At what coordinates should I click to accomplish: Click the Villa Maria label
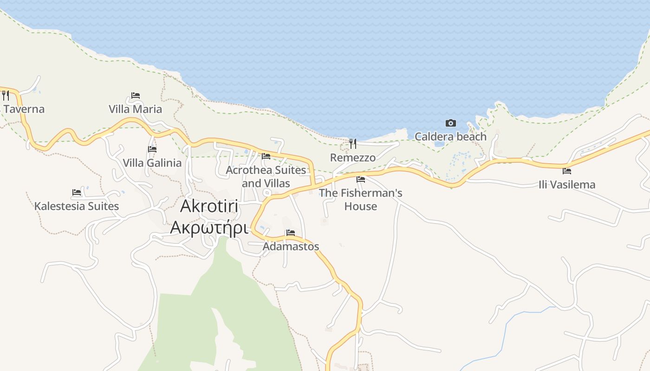tap(135, 109)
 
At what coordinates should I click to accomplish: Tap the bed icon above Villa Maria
tap(136, 96)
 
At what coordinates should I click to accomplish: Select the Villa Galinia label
tap(152, 163)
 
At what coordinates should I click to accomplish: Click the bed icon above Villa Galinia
tap(152, 149)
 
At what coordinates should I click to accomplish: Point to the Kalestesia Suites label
tap(77, 206)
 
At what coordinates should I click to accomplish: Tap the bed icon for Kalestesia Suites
tap(77, 192)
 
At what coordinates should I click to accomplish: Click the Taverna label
tap(24, 109)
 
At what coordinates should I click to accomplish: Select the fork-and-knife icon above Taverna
tap(6, 96)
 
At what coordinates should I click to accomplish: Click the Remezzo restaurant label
tap(353, 158)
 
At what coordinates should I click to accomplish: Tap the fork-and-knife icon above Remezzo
tap(353, 144)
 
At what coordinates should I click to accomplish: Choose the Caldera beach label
tap(450, 136)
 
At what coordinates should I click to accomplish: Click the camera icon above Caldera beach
tap(450, 123)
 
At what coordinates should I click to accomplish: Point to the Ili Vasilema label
tap(567, 185)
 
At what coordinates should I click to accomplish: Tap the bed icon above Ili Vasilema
tap(567, 171)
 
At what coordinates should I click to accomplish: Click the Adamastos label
tap(291, 246)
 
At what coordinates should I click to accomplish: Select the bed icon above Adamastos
tap(291, 233)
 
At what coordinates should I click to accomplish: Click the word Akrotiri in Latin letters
tap(209, 206)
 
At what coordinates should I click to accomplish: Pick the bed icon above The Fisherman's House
tap(361, 179)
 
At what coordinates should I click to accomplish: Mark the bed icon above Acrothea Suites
tap(266, 156)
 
